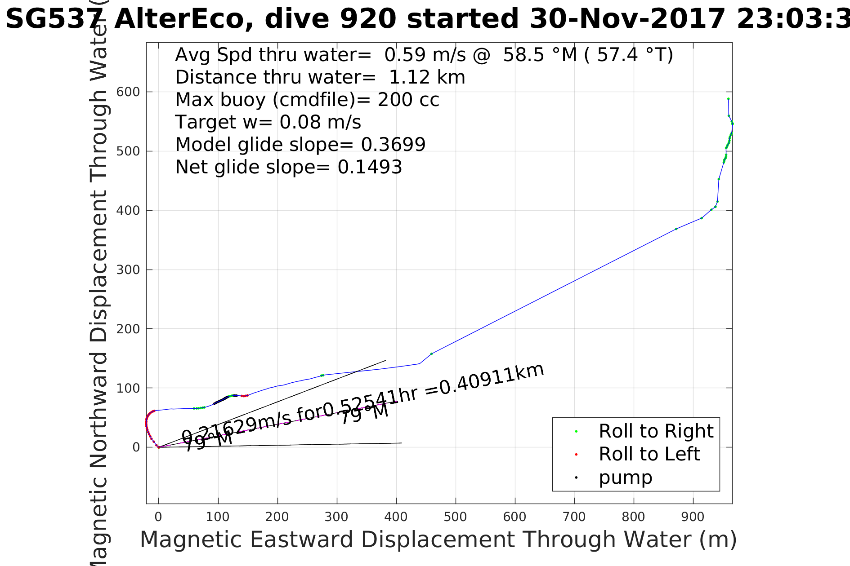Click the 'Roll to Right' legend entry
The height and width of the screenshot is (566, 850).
(x=656, y=431)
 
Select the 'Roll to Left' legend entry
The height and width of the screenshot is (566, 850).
(x=649, y=454)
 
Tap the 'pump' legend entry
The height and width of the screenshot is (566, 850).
(x=625, y=478)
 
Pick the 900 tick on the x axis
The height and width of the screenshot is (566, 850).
(x=693, y=517)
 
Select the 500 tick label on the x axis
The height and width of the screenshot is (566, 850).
(x=455, y=517)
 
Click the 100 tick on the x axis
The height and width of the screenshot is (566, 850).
(x=218, y=517)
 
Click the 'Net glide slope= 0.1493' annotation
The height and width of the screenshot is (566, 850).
(x=288, y=167)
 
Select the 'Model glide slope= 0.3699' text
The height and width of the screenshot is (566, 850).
(x=300, y=145)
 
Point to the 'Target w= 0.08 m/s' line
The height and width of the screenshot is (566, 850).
(x=268, y=122)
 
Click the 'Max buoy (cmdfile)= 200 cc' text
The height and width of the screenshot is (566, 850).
(x=307, y=100)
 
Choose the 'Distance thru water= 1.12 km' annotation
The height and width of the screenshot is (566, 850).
(x=320, y=77)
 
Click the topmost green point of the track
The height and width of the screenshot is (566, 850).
(x=728, y=99)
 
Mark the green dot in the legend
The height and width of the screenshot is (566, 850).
(x=576, y=432)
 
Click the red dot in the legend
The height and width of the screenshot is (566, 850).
(x=576, y=455)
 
